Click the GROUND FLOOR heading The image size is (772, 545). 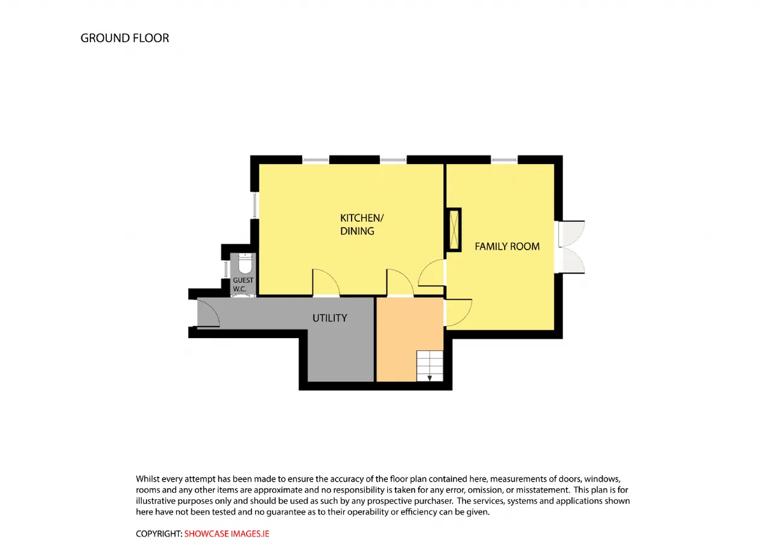(x=125, y=38)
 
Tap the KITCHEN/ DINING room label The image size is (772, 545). (x=361, y=224)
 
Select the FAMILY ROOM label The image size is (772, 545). (x=507, y=247)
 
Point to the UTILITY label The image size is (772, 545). (x=330, y=318)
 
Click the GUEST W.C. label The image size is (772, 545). (x=243, y=285)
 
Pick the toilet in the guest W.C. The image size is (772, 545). (x=245, y=263)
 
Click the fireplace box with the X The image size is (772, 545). (x=454, y=230)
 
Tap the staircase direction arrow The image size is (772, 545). (x=430, y=378)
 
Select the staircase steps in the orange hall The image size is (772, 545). (x=430, y=366)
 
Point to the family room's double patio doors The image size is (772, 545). (x=570, y=247)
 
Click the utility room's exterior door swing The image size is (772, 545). (x=208, y=313)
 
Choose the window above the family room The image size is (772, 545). (x=504, y=160)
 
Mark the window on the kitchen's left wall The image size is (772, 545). (x=255, y=205)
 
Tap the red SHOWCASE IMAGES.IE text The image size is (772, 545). (x=226, y=534)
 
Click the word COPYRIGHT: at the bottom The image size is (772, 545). (x=159, y=534)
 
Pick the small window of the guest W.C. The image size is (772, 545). (x=226, y=269)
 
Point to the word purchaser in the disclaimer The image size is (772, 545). (x=433, y=501)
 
